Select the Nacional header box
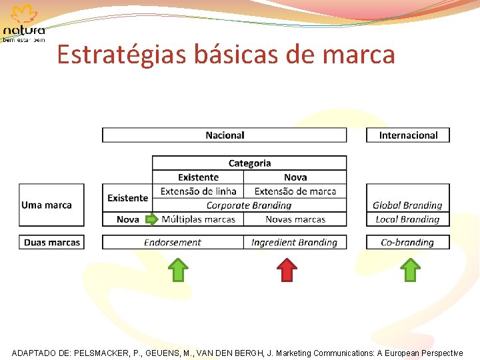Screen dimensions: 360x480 point(225,135)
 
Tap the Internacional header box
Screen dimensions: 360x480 point(408,135)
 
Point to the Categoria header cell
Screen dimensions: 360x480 point(249,163)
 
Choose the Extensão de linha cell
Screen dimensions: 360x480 point(198,191)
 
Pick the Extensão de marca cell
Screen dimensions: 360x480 point(295,191)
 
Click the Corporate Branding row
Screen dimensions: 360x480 point(249,205)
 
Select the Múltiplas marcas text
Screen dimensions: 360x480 point(199,219)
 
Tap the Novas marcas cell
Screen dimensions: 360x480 point(295,219)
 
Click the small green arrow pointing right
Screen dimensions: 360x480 point(152,219)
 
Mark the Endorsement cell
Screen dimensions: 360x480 point(173,243)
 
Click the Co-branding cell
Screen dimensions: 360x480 point(407,243)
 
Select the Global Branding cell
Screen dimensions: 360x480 point(407,205)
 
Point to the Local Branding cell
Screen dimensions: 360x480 point(407,219)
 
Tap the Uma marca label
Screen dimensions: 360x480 point(47,205)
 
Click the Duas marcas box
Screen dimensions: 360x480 point(51,243)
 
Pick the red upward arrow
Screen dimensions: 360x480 point(287,270)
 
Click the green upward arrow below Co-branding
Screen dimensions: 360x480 point(411,270)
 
